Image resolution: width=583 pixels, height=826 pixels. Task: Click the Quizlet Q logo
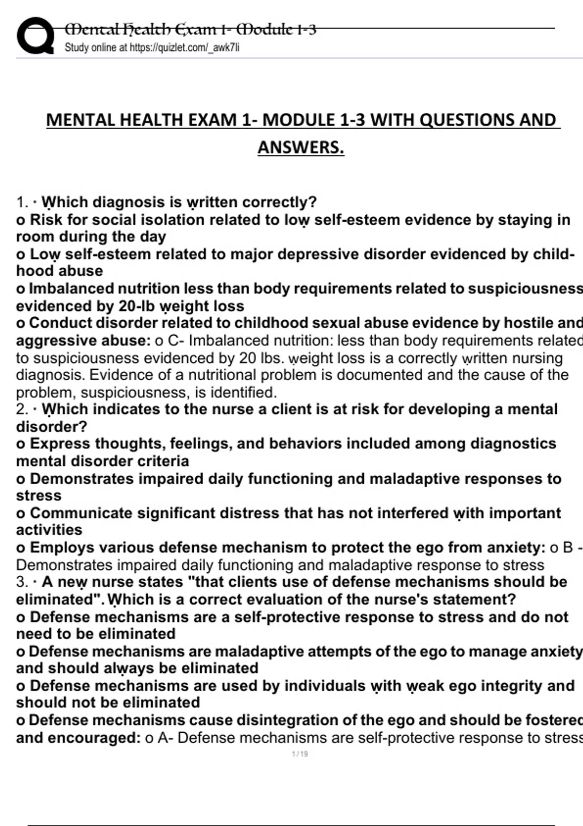click(x=35, y=36)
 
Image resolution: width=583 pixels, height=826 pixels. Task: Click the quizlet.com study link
click(x=185, y=48)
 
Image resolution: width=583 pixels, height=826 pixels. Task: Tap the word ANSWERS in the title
click(x=301, y=147)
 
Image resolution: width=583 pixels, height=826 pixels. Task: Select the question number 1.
click(x=21, y=202)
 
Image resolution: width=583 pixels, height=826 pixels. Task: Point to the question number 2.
click(x=21, y=409)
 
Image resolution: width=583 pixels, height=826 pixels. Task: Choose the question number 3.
click(x=21, y=582)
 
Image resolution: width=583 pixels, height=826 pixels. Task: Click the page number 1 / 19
click(x=300, y=754)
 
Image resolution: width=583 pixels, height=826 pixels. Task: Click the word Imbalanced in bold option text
click(x=71, y=289)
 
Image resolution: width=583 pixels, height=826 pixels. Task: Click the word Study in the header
click(x=76, y=48)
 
